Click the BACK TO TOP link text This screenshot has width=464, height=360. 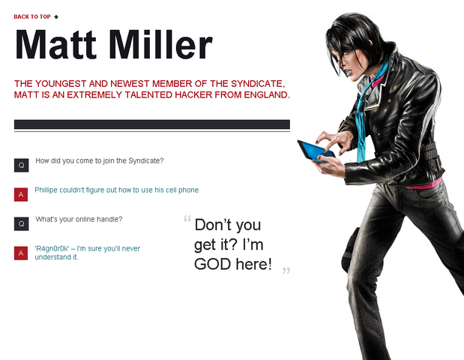click(x=32, y=16)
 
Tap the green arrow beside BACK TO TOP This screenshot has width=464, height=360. click(x=56, y=16)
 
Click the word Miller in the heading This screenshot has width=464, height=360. click(x=161, y=45)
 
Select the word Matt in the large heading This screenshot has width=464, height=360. click(x=56, y=45)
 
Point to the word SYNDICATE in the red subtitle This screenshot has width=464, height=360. click(x=257, y=84)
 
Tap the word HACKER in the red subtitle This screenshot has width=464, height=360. click(x=193, y=94)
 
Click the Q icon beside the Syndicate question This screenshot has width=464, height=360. click(x=21, y=165)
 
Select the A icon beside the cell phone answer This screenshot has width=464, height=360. click(x=21, y=194)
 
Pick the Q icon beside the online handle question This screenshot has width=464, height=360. click(x=21, y=223)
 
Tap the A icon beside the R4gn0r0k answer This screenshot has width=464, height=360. click(x=21, y=253)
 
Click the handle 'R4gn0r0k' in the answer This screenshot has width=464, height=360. click(x=52, y=248)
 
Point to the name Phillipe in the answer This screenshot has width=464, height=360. click(x=46, y=190)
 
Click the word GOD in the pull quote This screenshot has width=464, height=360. click(x=212, y=264)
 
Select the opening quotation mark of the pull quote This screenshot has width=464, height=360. click(x=187, y=219)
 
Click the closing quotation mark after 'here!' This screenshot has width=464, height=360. click(x=286, y=271)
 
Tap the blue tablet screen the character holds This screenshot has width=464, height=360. click(x=317, y=150)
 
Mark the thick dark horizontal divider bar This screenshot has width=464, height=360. click(x=152, y=124)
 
